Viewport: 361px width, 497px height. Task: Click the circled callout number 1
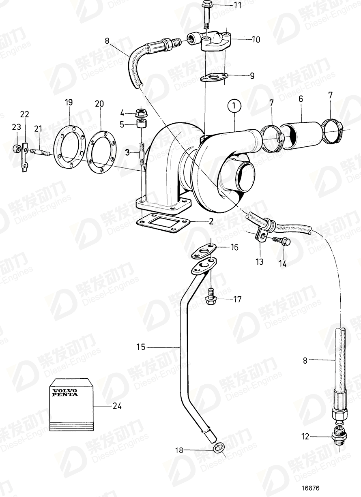click(234, 107)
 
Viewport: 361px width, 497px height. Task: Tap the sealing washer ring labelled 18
click(219, 448)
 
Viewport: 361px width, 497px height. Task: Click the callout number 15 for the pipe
click(140, 347)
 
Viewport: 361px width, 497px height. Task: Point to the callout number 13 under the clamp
click(259, 262)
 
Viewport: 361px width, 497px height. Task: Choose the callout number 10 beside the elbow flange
click(256, 39)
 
